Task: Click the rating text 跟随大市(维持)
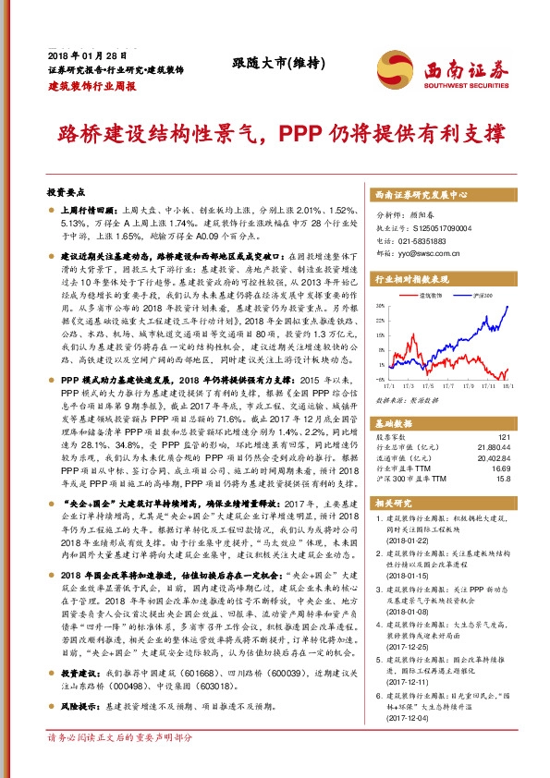coord(275,63)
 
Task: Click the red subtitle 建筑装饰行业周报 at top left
coord(92,85)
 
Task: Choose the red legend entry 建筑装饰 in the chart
coord(430,295)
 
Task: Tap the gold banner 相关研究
coord(392,504)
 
